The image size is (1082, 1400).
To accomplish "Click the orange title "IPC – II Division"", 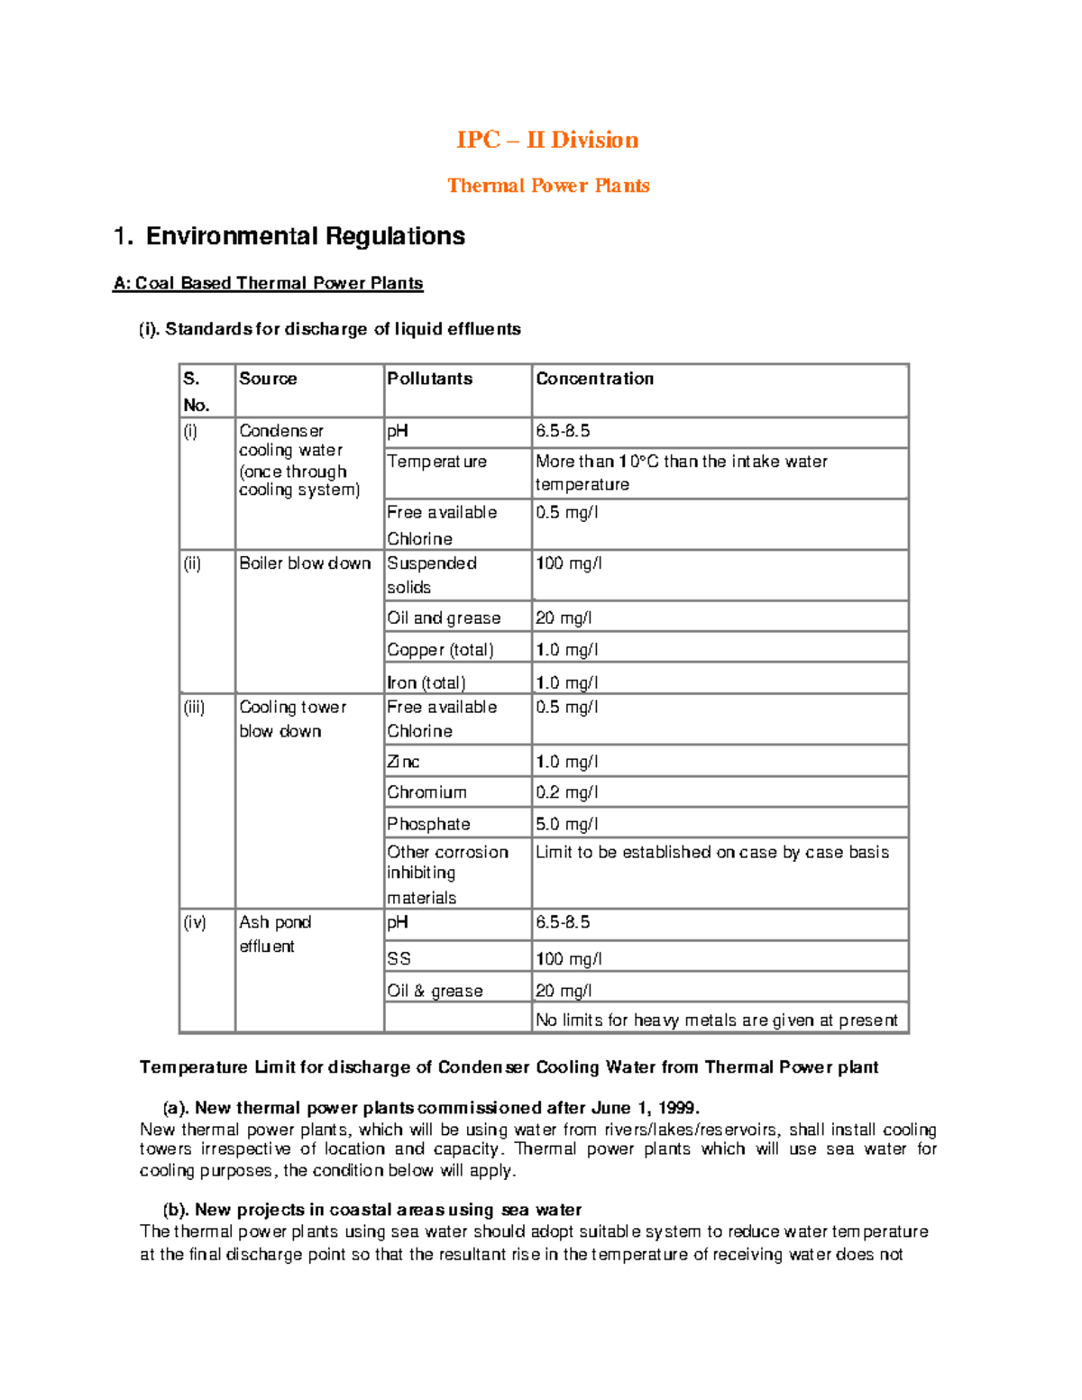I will [547, 140].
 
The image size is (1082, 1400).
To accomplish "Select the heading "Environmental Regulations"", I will [305, 236].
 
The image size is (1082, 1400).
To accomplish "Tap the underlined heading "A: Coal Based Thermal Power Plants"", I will [268, 283].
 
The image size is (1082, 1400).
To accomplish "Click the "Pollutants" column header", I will [429, 379].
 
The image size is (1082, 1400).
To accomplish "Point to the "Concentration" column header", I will [594, 379].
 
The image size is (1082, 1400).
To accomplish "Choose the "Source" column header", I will [268, 379].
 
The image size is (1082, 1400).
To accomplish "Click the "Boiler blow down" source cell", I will [305, 563].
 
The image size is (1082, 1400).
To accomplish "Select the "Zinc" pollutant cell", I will [403, 762].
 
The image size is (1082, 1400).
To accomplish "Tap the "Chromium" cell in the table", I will [426, 792].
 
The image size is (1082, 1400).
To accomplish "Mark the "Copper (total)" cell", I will [440, 650].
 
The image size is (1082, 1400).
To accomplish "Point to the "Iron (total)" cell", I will [426, 682].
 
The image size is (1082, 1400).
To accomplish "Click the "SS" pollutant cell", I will [399, 959].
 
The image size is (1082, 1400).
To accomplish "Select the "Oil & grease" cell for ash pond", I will [435, 991].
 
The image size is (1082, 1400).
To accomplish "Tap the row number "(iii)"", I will [194, 708].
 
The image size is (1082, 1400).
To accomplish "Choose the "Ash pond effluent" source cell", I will [274, 934].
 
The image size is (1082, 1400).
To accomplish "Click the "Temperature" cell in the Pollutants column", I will [436, 462].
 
